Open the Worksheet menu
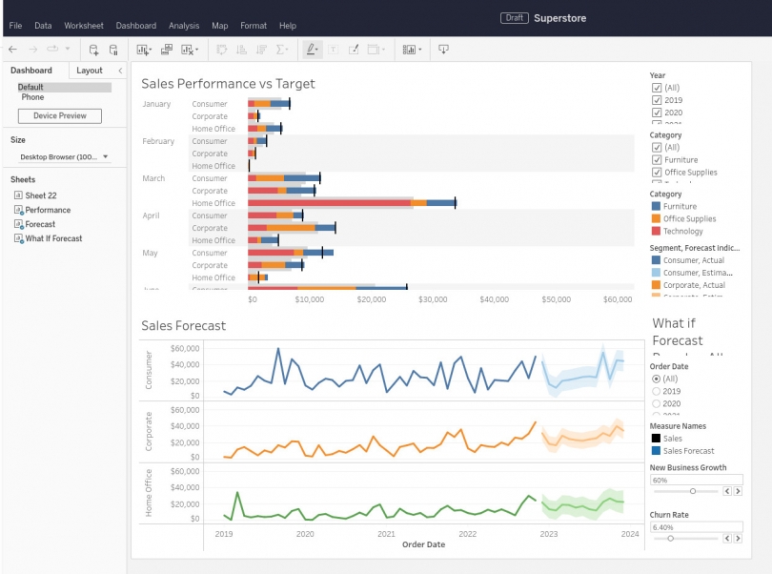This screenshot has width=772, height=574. point(84,26)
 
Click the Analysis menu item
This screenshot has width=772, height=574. point(184,26)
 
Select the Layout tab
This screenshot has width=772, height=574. point(90,71)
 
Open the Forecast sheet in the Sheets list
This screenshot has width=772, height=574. point(40,224)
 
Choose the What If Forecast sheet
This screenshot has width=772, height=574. point(53,238)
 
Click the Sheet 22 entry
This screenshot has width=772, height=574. point(40,195)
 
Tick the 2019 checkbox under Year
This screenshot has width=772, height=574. point(657,100)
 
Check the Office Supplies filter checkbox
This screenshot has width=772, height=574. point(657,173)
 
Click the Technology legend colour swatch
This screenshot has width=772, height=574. point(656,231)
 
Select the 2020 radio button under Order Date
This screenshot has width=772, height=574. point(656,403)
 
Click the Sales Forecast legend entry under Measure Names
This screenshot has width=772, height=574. point(685,451)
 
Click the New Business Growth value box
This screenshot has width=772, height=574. point(696,480)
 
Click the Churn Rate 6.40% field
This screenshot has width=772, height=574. point(696,526)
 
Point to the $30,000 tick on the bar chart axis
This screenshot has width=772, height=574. point(433,299)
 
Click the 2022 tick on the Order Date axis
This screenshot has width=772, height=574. point(467,535)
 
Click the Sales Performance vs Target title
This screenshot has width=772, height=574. point(228,84)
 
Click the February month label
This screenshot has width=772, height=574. point(158,141)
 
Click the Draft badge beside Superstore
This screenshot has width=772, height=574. point(515,18)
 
